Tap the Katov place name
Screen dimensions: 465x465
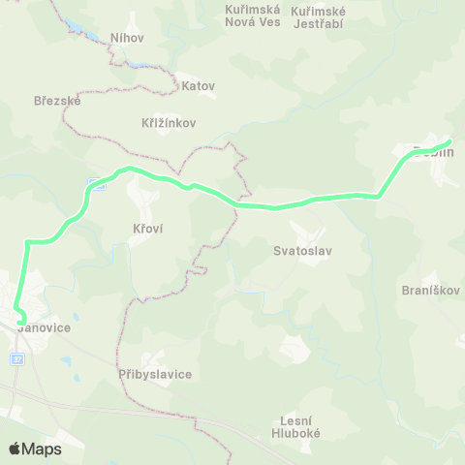(x=198, y=85)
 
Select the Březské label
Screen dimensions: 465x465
(x=57, y=100)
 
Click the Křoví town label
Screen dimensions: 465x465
(x=147, y=229)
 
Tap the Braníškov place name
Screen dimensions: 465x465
(x=430, y=290)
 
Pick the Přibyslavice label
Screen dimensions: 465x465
(x=155, y=374)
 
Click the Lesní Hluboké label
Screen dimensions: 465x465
(x=297, y=427)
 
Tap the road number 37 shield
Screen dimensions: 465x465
(x=15, y=359)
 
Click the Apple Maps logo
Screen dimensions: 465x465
(x=35, y=449)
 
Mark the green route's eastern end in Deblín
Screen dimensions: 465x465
(x=448, y=143)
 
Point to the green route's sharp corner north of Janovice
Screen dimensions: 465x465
(x=28, y=242)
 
